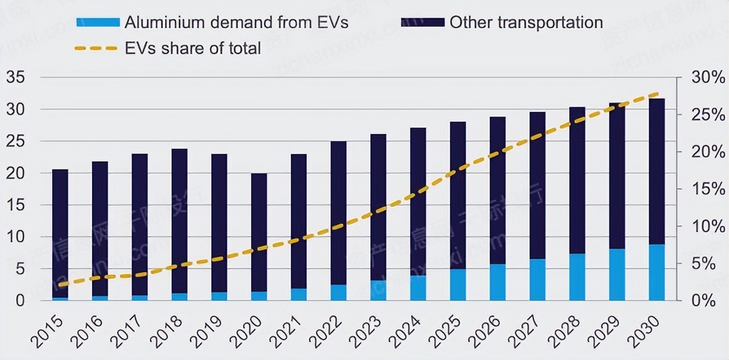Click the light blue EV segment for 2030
[657, 272]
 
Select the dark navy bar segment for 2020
[259, 232]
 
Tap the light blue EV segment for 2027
[537, 279]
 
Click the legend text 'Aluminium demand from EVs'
[236, 22]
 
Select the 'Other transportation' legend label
[526, 22]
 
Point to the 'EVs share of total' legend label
[192, 48]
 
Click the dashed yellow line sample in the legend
[96, 48]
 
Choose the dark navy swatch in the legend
[422, 22]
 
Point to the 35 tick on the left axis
[15, 78]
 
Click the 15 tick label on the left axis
[15, 205]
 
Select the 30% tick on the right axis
[708, 78]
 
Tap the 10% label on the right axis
[708, 226]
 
